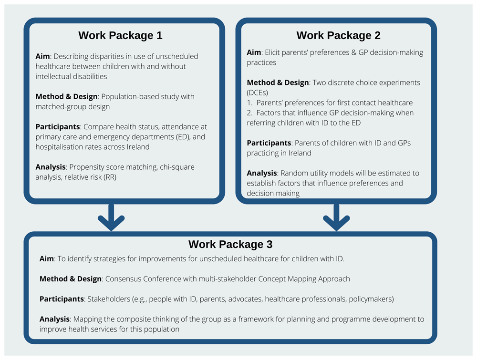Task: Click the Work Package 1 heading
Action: (121, 36)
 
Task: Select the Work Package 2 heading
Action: (338, 36)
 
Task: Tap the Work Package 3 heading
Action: (230, 244)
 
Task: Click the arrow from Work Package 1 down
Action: (111, 217)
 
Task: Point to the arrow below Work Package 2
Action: (336, 217)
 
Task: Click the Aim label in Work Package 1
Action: (42, 56)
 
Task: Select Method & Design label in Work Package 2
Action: (278, 82)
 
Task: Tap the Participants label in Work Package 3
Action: (62, 299)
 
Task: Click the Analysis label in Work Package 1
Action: (51, 167)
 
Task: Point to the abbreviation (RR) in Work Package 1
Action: (110, 177)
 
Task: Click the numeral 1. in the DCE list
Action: (250, 103)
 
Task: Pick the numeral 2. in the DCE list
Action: (250, 113)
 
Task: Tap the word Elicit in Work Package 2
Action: (272, 52)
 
